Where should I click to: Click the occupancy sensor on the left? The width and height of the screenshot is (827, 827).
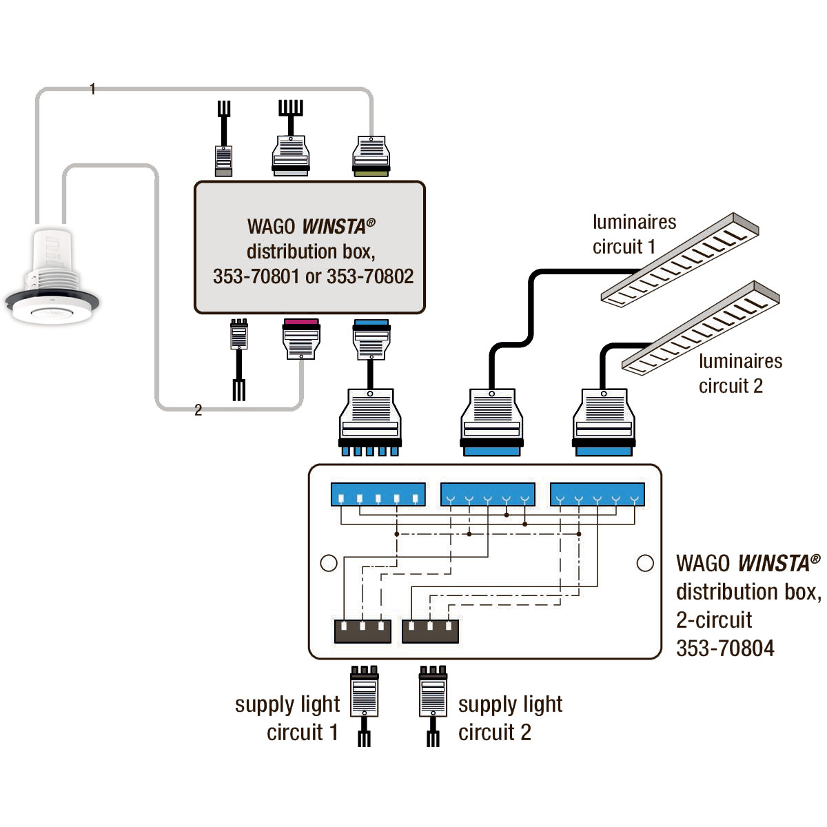coord(52,276)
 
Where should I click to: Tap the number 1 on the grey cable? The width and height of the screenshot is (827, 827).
coord(92,89)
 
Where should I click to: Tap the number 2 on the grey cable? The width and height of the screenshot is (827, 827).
coord(198,410)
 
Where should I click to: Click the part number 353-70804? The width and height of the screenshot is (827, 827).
coord(725,648)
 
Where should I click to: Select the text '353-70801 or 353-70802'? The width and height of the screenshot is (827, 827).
coord(314,276)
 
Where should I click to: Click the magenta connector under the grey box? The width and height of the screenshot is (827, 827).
coord(301,338)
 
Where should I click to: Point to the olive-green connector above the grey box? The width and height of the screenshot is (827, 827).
coord(371,156)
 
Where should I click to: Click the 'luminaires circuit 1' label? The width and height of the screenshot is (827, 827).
coord(634,234)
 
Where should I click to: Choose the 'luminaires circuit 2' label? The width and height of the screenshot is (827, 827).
coord(740,374)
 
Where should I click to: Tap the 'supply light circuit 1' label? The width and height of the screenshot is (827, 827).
coord(287,718)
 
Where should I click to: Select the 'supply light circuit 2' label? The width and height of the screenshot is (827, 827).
coord(510,718)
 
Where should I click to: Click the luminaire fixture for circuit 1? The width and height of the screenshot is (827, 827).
coord(680,259)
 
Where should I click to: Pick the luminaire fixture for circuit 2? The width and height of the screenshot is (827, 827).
coord(701,327)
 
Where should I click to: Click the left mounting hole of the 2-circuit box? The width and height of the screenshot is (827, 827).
coord(329,562)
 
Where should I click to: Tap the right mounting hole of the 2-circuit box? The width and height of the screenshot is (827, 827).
coord(645,562)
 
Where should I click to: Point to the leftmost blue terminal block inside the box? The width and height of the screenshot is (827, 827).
coord(378,494)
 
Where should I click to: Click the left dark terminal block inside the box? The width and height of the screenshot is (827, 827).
coord(363,631)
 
